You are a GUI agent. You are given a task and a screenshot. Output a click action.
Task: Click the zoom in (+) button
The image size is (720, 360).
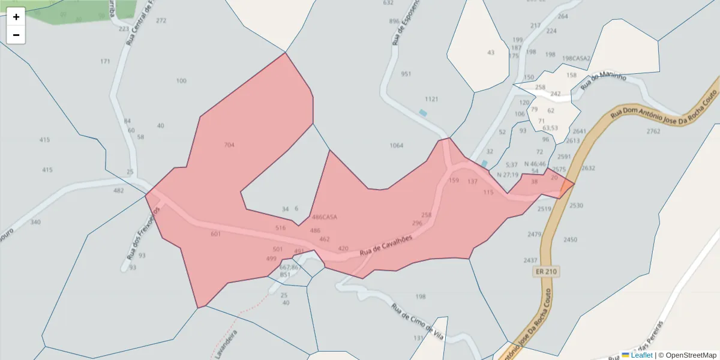pos(16,17)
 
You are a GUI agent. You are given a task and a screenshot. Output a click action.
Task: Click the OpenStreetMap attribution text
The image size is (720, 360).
pos(691,355)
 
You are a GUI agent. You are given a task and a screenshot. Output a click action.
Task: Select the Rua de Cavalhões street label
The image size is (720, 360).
pos(386,245)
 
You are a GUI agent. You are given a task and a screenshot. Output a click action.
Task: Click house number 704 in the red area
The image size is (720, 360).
pos(229,145)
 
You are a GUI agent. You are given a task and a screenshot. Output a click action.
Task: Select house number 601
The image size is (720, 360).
pos(216,233)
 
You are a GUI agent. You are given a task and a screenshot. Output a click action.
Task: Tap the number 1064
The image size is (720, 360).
pos(396,146)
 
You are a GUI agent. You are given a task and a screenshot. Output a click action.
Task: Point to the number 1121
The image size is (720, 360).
pos(431,99)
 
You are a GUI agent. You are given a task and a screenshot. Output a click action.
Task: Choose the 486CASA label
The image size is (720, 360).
pos(325,217)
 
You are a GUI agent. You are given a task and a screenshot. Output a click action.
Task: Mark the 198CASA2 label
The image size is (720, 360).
pos(576,58)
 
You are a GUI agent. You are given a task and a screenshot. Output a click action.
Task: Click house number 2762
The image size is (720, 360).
pos(653,131)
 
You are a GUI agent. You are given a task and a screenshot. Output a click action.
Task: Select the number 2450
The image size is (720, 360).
pos(570,239)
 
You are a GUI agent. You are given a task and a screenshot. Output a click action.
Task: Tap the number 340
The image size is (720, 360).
pos(35,222)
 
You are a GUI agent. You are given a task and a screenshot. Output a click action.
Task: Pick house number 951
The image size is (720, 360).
pos(406,74)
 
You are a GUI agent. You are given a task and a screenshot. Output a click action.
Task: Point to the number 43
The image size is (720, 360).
pos(491,52)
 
